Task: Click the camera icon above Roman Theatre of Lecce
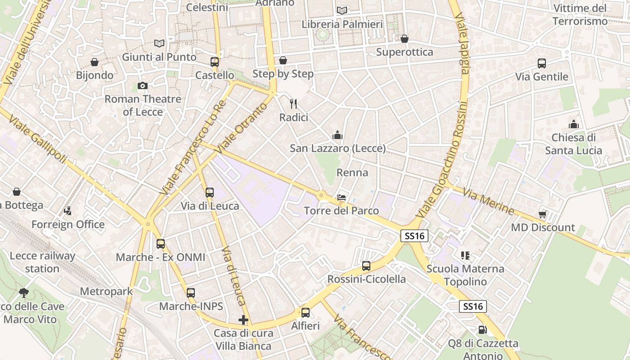(x=143, y=85)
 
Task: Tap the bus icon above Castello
(x=215, y=62)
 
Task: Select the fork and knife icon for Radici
(x=294, y=104)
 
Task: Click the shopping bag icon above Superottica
(x=405, y=39)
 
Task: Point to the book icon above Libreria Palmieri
(x=342, y=10)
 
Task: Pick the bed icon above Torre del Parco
(x=342, y=198)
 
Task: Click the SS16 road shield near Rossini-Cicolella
(x=414, y=235)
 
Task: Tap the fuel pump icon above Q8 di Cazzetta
(x=483, y=330)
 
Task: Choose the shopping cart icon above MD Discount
(x=543, y=214)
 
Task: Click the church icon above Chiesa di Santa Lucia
(x=574, y=124)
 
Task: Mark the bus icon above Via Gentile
(x=542, y=63)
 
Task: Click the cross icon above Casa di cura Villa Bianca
(x=243, y=320)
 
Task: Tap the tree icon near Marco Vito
(x=24, y=293)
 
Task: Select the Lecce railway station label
(x=42, y=262)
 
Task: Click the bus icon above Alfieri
(x=306, y=312)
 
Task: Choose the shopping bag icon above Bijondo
(x=94, y=62)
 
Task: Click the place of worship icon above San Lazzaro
(x=337, y=135)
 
